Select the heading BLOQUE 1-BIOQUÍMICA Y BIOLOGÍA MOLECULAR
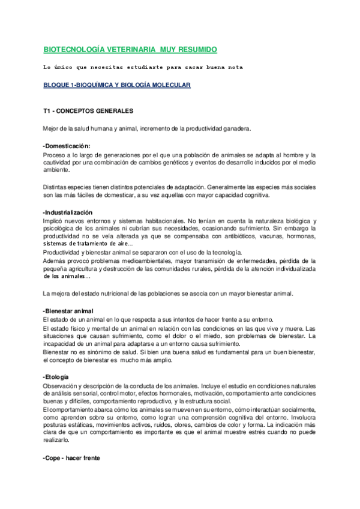116,85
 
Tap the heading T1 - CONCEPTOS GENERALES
88,112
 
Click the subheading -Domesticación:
67,146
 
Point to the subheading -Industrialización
68,212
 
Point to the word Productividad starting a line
62,252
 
